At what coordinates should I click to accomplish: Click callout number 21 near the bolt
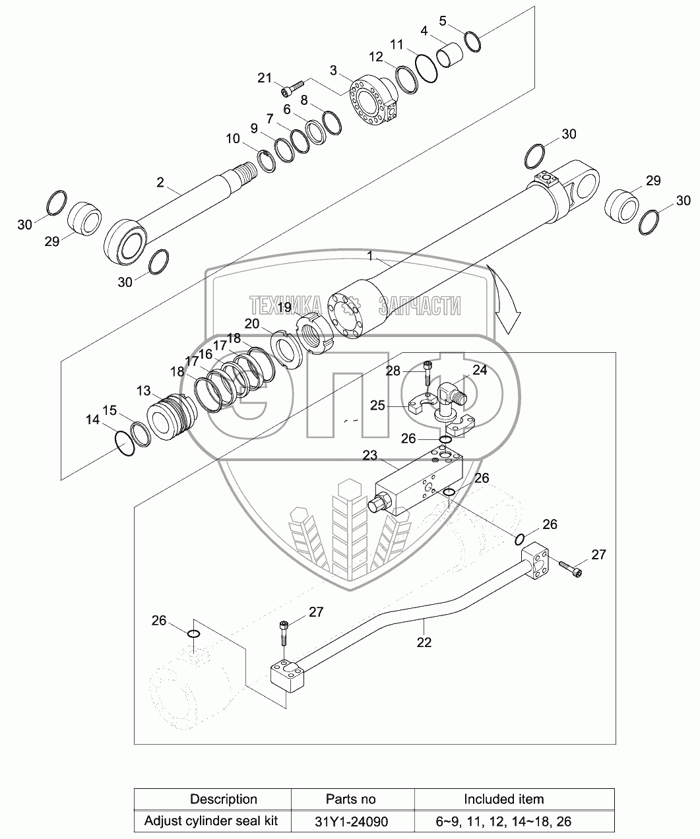pyautogui.click(x=265, y=78)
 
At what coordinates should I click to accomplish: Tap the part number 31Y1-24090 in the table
pyautogui.click(x=351, y=821)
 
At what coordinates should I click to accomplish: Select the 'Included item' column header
pyautogui.click(x=503, y=799)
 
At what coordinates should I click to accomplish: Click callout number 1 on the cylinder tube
pyautogui.click(x=370, y=255)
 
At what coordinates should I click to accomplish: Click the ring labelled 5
pyautogui.click(x=472, y=41)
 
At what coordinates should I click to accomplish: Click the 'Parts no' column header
pyautogui.click(x=351, y=799)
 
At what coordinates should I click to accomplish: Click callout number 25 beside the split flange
pyautogui.click(x=377, y=405)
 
